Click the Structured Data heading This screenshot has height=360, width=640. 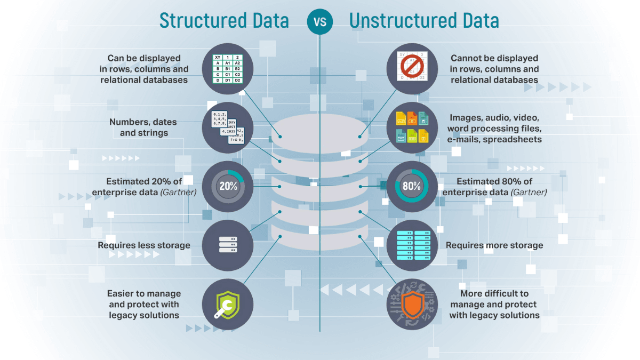224,20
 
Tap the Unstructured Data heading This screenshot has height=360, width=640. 424,20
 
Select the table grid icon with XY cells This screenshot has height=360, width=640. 228,69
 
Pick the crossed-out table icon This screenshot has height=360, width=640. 412,69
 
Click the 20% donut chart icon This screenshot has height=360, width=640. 228,186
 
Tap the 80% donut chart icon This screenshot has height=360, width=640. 412,186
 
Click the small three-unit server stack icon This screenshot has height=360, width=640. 228,245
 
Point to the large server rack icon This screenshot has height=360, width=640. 412,245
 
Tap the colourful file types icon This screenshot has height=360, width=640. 412,127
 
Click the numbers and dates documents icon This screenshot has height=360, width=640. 228,127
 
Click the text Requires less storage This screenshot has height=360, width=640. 144,245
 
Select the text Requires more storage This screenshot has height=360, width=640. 494,245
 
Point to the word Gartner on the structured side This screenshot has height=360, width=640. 179,192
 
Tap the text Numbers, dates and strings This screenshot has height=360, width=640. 143,127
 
